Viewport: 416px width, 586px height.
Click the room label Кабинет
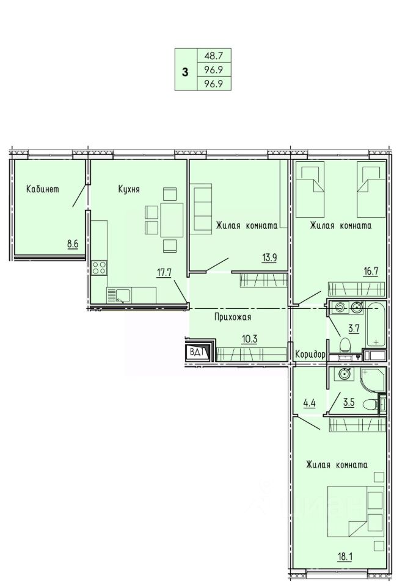(42, 189)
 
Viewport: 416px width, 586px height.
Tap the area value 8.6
(73, 244)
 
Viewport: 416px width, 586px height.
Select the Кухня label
(129, 189)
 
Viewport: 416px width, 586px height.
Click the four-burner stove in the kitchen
(99, 267)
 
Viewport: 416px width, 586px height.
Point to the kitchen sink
(119, 295)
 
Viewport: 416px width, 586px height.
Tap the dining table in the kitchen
(172, 220)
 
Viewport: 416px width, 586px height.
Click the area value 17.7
(164, 272)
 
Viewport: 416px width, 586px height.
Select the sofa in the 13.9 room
(202, 208)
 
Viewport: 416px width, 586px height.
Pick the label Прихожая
(233, 317)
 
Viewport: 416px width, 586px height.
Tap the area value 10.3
(250, 339)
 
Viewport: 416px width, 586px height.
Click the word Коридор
(310, 354)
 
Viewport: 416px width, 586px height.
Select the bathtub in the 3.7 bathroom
(375, 325)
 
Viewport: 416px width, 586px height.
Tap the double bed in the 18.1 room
(356, 512)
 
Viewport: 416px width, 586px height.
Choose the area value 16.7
(370, 272)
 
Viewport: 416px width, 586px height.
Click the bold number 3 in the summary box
(185, 72)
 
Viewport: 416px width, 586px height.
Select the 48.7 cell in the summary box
(214, 56)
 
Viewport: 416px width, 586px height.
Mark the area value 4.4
(310, 403)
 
